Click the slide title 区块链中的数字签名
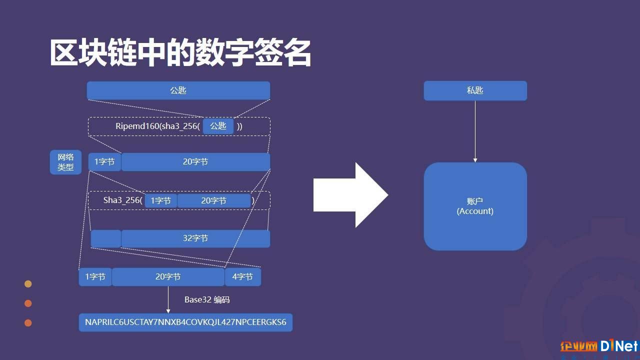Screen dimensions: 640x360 180,53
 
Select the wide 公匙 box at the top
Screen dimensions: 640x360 178,90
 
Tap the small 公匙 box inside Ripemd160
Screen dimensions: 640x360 218,126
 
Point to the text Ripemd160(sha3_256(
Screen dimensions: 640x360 157,126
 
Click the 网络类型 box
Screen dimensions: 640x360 65,162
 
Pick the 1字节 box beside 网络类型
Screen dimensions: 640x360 104,162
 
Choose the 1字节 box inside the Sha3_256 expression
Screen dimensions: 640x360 161,200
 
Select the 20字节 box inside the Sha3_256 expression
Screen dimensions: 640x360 213,200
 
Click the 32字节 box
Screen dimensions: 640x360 195,238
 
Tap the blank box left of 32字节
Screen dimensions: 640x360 106,238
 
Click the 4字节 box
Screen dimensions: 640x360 243,276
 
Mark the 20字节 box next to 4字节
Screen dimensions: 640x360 168,276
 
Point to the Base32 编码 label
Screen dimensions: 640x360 207,299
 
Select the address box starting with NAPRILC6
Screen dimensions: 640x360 185,322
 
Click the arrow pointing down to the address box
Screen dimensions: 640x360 168,299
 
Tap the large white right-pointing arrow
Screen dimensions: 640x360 351,195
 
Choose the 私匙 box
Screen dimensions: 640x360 475,90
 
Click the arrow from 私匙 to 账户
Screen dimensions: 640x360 475,131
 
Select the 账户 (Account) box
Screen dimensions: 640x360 475,206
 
